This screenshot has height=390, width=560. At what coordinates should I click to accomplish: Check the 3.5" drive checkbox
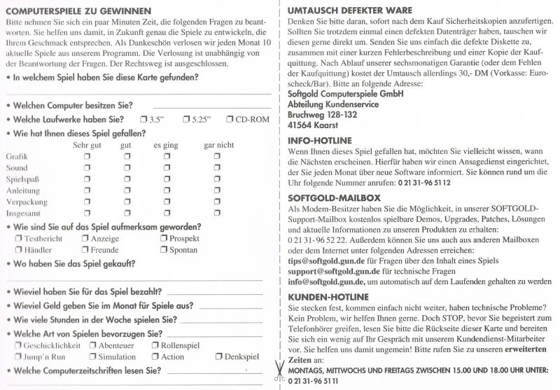pos(143,119)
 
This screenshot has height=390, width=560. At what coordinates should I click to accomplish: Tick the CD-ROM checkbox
pos(230,119)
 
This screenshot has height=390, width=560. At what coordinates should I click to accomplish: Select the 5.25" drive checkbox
pos(187,119)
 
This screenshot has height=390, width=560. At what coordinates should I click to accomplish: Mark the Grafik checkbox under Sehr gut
pos(87,157)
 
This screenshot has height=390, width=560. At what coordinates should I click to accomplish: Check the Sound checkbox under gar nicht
pos(218,168)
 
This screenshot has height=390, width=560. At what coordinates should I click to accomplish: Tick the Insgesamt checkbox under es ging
pos(167,213)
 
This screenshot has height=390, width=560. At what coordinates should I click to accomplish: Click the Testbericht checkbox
pos(19,239)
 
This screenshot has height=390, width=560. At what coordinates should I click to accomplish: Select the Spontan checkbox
pos(164,250)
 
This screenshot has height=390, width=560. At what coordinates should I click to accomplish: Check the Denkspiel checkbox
pos(219,357)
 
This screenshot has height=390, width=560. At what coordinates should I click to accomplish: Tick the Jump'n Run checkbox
pos(19,357)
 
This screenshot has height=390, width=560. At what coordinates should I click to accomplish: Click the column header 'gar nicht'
pos(218,145)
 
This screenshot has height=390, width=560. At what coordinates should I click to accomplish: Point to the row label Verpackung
pos(24,202)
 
